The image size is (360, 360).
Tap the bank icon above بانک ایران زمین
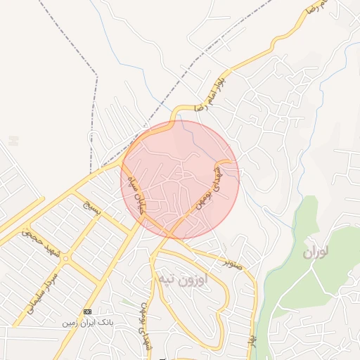click(x=87, y=311)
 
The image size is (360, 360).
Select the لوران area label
click(x=318, y=252)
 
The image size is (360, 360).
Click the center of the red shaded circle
click(x=180, y=180)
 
